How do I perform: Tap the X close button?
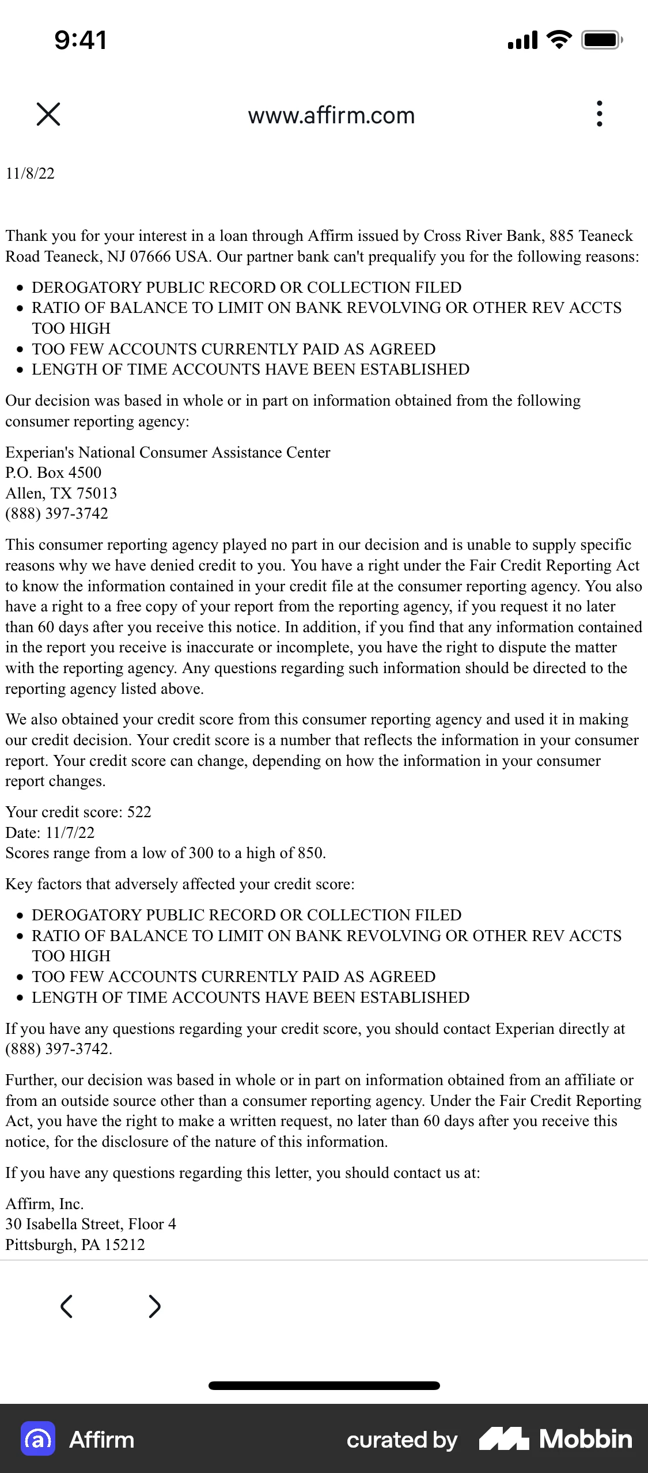coord(48,114)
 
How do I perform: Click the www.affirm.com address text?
coord(331,115)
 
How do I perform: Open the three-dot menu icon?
coord(600,114)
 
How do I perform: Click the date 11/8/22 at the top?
coord(30,173)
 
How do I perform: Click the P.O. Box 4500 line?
coord(54,473)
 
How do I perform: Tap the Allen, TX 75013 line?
coord(61,493)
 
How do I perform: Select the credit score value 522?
coord(139,812)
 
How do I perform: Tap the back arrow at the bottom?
coord(67,1306)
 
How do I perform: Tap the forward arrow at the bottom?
coord(154,1306)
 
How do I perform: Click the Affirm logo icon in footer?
coord(38,1439)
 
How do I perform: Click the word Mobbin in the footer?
coord(585,1439)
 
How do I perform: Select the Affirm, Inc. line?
coord(45,1204)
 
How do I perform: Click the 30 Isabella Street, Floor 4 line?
coord(91,1224)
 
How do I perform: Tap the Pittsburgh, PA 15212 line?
coord(75,1245)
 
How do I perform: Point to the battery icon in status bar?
coord(601,40)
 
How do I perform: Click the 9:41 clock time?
coord(81,40)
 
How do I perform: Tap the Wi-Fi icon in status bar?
coord(558,40)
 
